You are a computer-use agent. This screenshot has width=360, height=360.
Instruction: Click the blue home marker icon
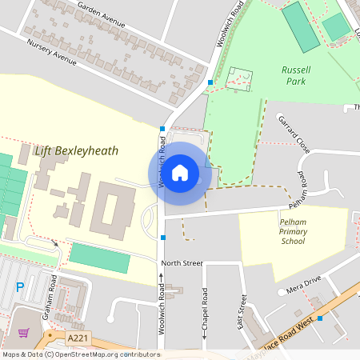pos(180,173)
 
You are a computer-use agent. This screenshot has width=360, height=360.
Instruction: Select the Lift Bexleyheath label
pos(76,150)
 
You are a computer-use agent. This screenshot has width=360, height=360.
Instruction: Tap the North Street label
pos(182,262)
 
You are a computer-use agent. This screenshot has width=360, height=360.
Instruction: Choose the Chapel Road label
pos(205,312)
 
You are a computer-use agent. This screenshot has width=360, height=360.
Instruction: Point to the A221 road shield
pos(78,338)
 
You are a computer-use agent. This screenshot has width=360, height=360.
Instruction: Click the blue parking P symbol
pos(21,286)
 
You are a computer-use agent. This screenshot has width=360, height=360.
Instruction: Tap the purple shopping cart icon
pos(23,332)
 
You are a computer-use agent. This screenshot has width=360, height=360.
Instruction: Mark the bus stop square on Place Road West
pos(319,318)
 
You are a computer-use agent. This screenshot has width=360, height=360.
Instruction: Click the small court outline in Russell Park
pos(239,78)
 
